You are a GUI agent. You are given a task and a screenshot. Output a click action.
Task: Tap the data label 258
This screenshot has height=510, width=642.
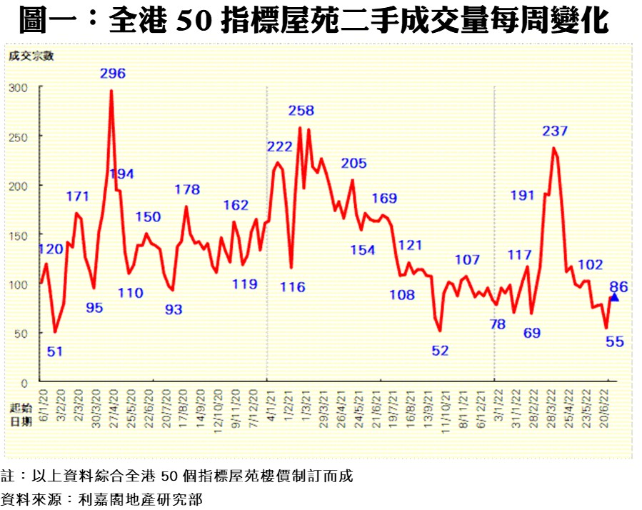301,111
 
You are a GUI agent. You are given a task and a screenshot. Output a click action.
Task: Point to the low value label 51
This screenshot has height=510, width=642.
55,351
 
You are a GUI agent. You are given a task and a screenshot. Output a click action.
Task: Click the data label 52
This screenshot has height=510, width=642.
440,351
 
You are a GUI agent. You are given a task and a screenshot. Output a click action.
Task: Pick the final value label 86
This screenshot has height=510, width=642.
618,287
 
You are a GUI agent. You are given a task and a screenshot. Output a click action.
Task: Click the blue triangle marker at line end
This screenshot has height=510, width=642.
614,296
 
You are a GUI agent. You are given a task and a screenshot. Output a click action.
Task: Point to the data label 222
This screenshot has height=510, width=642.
280,147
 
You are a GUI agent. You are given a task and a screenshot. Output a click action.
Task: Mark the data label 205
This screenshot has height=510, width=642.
353,164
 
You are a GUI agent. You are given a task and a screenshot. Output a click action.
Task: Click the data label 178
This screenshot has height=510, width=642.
188,189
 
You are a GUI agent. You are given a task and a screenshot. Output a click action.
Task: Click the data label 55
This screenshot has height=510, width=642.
615,341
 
